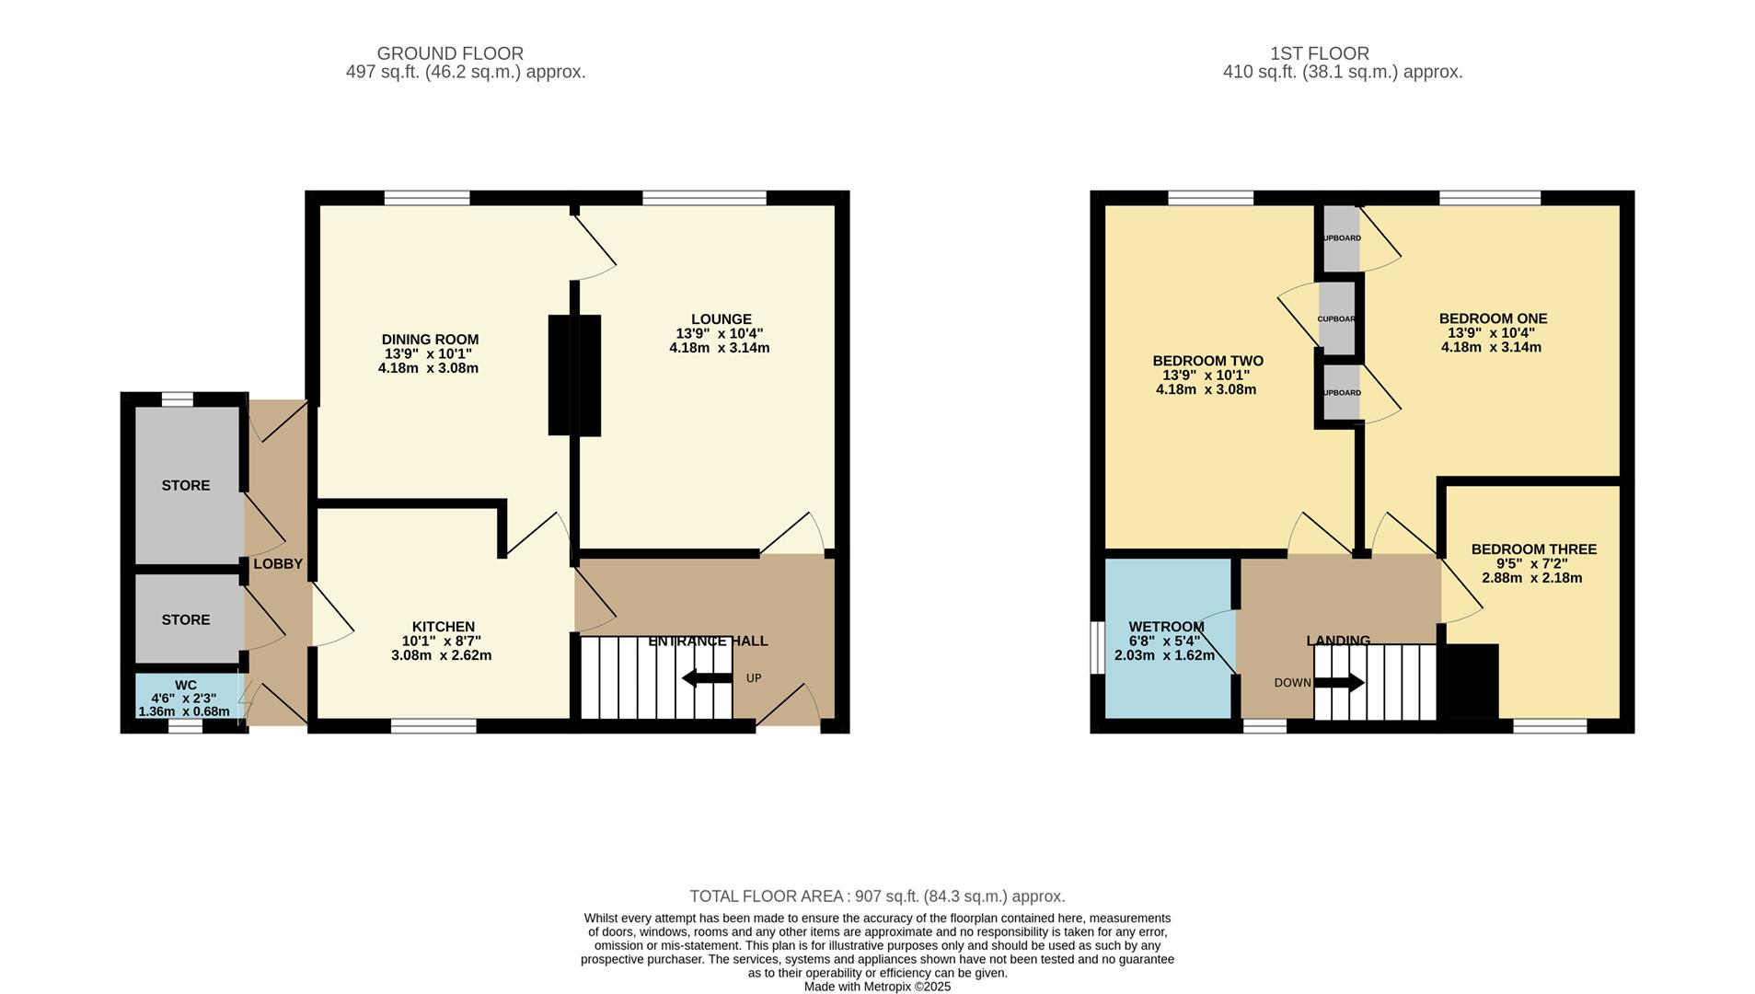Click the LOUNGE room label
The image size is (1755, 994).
721,319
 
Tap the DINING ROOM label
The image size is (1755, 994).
430,340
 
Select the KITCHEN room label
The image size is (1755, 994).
443,627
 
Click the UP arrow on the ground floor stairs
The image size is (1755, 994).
707,678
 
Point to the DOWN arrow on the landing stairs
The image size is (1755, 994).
1339,683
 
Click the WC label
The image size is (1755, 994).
185,685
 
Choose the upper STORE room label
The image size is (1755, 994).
186,485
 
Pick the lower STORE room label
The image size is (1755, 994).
186,619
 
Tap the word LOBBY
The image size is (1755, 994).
278,564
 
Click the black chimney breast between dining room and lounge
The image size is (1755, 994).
574,375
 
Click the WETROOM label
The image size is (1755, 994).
1166,627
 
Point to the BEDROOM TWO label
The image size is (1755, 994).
1207,361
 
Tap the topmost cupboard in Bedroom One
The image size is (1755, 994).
1341,238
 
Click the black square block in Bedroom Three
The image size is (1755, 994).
1472,681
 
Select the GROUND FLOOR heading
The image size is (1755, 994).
450,53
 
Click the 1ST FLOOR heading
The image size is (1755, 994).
1319,53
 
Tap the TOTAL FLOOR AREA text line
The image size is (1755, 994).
877,896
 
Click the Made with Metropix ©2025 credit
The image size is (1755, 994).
877,987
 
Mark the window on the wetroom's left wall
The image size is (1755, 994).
1096,648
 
